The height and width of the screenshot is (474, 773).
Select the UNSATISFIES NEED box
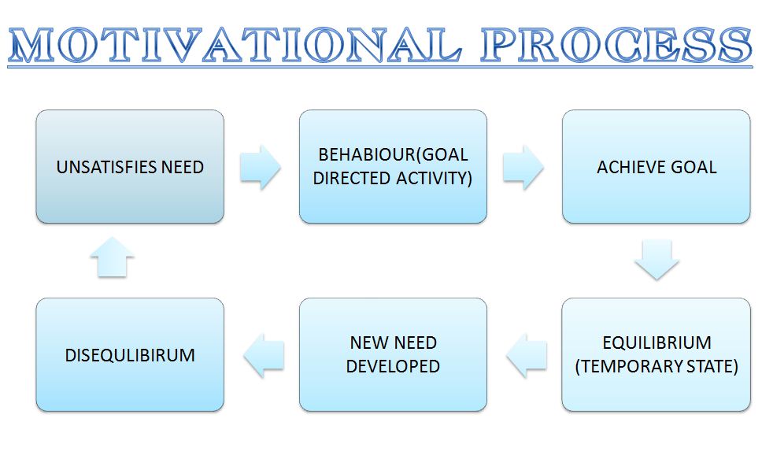tap(130, 167)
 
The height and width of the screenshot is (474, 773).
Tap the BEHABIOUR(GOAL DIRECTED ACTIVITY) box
tap(393, 167)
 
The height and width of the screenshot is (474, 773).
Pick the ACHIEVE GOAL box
tap(656, 167)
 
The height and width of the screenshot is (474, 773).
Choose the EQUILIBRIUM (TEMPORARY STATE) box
tap(656, 354)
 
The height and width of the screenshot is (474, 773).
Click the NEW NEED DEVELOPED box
tap(393, 354)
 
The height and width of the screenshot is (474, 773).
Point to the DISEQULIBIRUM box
tap(130, 354)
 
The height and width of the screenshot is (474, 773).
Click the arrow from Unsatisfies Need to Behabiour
tap(261, 168)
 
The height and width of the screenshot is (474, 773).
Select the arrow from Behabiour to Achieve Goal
tap(523, 168)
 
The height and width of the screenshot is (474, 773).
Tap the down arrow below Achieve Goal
tap(656, 260)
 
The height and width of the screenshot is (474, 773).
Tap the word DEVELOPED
tap(393, 367)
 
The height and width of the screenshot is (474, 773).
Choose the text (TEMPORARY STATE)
tap(656, 367)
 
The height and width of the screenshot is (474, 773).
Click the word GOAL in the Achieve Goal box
tap(693, 167)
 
